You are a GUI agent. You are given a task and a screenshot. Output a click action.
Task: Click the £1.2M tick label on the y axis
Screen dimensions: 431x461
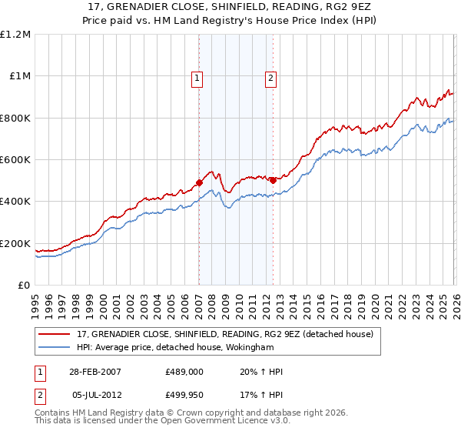[x=15, y=35]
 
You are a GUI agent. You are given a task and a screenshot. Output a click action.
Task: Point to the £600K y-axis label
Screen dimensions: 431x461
[x=15, y=160]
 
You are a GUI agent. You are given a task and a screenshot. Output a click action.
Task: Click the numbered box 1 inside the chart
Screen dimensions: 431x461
[x=198, y=77]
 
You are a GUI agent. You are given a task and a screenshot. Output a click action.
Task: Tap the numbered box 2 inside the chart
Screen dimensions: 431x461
[x=271, y=77]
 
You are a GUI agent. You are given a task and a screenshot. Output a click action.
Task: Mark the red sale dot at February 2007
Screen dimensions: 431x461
[x=199, y=183]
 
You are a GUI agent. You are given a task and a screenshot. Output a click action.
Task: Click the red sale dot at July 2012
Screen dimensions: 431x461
[x=272, y=180]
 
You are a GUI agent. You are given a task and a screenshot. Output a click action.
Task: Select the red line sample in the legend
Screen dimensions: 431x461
[x=55, y=334]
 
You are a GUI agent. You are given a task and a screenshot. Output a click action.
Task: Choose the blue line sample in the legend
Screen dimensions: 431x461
[x=55, y=347]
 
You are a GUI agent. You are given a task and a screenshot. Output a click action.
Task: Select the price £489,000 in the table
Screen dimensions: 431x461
[x=184, y=372]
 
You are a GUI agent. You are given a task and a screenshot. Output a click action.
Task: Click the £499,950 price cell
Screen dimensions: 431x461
[x=184, y=394]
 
